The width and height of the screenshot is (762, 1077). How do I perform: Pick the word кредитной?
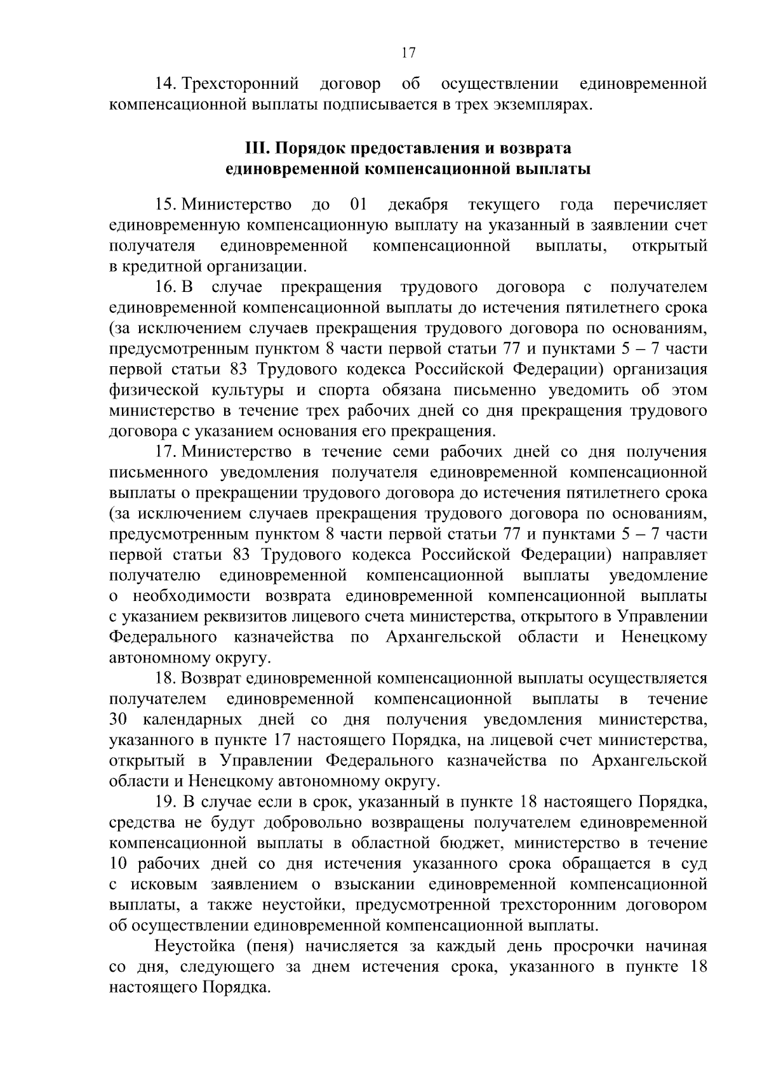tap(157, 266)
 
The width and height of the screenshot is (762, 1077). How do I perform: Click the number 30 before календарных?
tap(119, 720)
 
